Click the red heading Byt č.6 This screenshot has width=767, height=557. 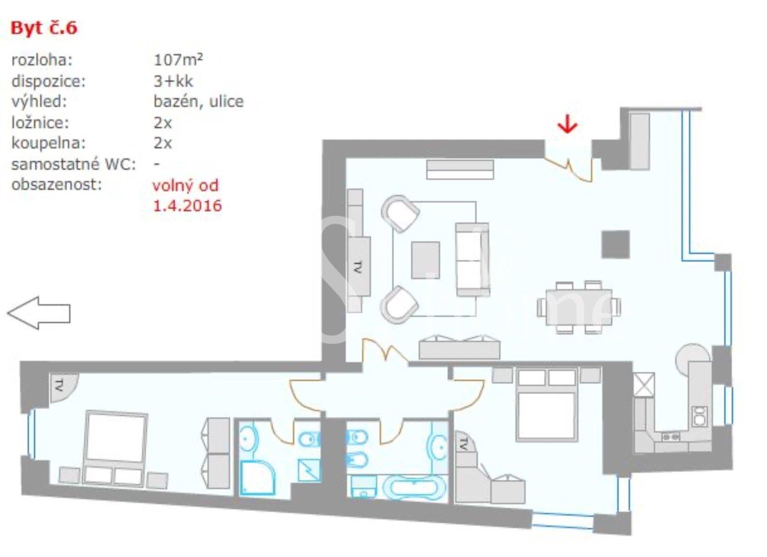(44, 28)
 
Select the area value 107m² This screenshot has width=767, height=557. (178, 60)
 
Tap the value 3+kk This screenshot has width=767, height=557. (173, 81)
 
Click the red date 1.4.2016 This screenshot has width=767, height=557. (187, 205)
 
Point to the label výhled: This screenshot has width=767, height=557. (39, 102)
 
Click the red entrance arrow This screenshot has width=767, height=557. (568, 124)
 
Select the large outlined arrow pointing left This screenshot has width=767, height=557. (39, 313)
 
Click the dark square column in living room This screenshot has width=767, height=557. (616, 244)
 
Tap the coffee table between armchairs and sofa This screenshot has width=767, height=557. (426, 261)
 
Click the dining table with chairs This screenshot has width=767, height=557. (579, 307)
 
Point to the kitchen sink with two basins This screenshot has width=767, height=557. (699, 416)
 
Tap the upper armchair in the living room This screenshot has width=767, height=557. (400, 213)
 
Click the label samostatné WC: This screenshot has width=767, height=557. (74, 165)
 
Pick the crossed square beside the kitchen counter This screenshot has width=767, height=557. (644, 385)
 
